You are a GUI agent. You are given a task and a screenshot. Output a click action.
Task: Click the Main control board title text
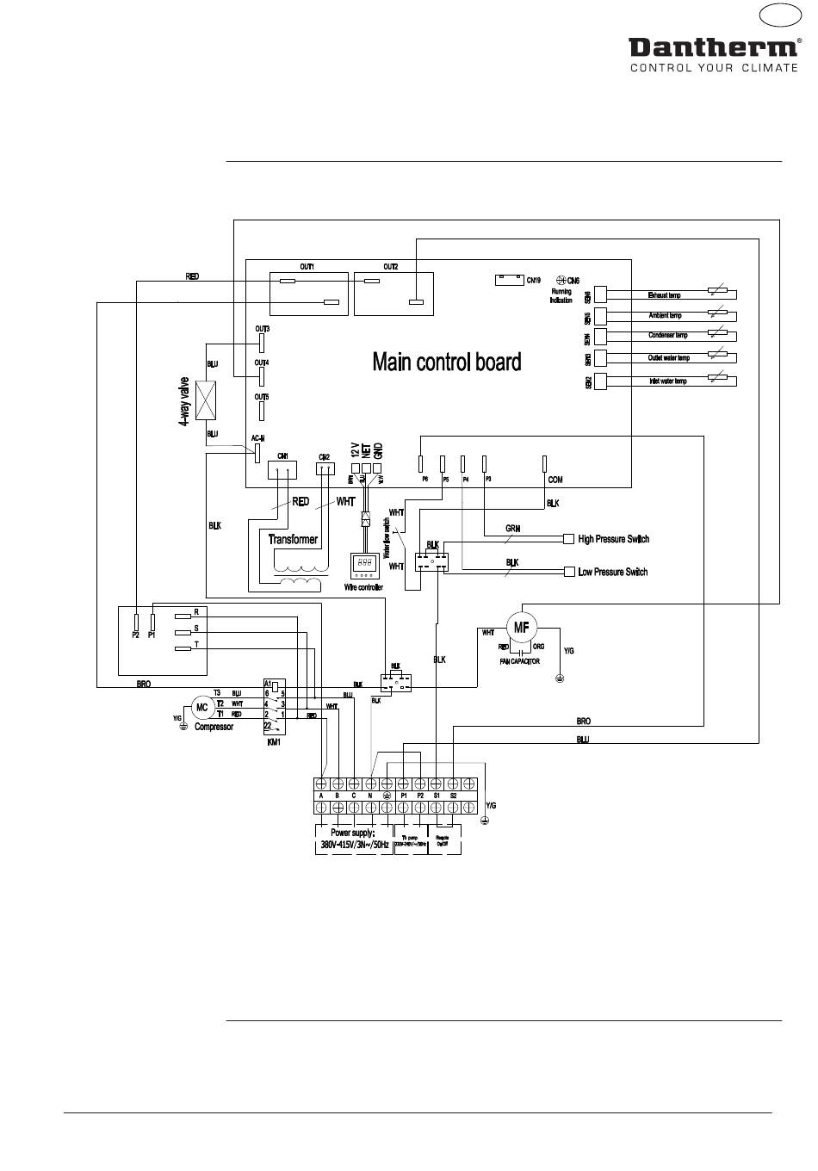pos(446,362)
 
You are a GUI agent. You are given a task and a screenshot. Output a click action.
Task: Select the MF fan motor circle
pos(521,628)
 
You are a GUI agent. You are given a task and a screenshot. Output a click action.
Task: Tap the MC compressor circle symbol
pos(202,707)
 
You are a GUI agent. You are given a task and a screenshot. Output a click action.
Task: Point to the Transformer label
pos(293,540)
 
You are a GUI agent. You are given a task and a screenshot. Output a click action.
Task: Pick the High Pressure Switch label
pos(613,539)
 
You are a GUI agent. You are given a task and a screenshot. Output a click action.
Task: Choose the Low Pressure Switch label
pos(612,572)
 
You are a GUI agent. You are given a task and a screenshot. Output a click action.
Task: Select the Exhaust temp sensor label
pos(664,295)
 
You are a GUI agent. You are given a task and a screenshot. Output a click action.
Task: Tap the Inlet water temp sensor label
pos(667,381)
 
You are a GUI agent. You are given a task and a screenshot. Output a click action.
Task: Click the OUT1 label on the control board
pos(307,267)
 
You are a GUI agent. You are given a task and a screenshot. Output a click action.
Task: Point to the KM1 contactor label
pos(274,741)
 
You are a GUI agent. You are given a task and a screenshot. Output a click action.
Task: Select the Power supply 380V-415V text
pos(355,840)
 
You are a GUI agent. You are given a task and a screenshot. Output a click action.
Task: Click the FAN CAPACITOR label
pos(519,661)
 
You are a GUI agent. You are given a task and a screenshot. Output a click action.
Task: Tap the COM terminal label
pos(555,479)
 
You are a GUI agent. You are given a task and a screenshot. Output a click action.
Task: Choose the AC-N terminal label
pos(257,438)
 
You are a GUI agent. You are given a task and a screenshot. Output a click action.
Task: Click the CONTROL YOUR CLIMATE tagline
pos(714,68)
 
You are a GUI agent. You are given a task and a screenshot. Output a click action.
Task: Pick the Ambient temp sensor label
pos(665,316)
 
